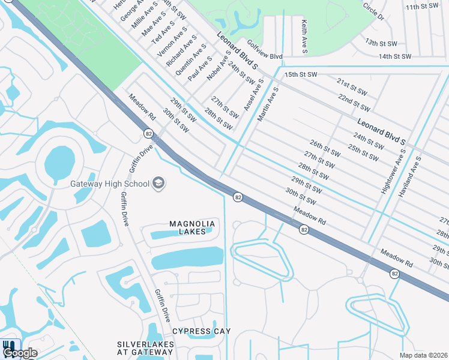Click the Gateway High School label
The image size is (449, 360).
tap(109, 183)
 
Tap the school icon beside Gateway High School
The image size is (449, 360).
tap(158, 182)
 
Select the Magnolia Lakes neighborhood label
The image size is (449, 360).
tap(192, 227)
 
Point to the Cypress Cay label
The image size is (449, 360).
tap(201, 331)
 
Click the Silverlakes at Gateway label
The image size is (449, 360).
tap(146, 348)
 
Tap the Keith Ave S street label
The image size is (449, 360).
tap(304, 37)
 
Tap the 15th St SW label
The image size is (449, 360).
tap(300, 74)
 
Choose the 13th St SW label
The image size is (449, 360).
tap(381, 43)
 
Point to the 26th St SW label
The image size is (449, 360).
tap(325, 149)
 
